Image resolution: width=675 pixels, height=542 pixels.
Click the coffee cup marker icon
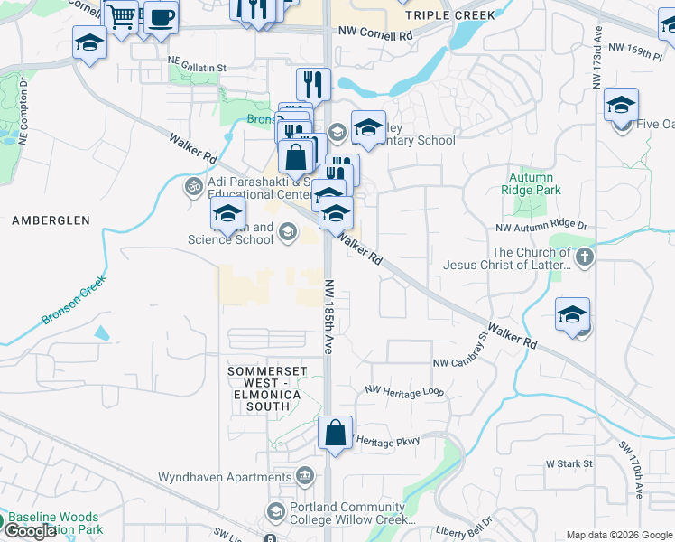[x=161, y=17]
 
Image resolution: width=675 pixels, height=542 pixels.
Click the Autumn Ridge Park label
[x=531, y=184]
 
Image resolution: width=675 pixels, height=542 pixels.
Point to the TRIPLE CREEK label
[x=450, y=15]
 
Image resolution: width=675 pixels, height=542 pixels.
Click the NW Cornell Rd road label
[x=375, y=31]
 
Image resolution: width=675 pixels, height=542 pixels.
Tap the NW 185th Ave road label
[x=329, y=316]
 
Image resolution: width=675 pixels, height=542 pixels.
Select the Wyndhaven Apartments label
[x=225, y=476]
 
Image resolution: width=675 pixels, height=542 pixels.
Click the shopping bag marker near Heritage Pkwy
[x=335, y=433]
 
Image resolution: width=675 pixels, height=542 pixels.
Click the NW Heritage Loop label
[x=404, y=391]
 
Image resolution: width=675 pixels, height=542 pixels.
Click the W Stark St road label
[x=569, y=463]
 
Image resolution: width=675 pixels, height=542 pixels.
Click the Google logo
[x=30, y=531]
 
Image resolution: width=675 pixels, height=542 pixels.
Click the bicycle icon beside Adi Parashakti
[x=192, y=187]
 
